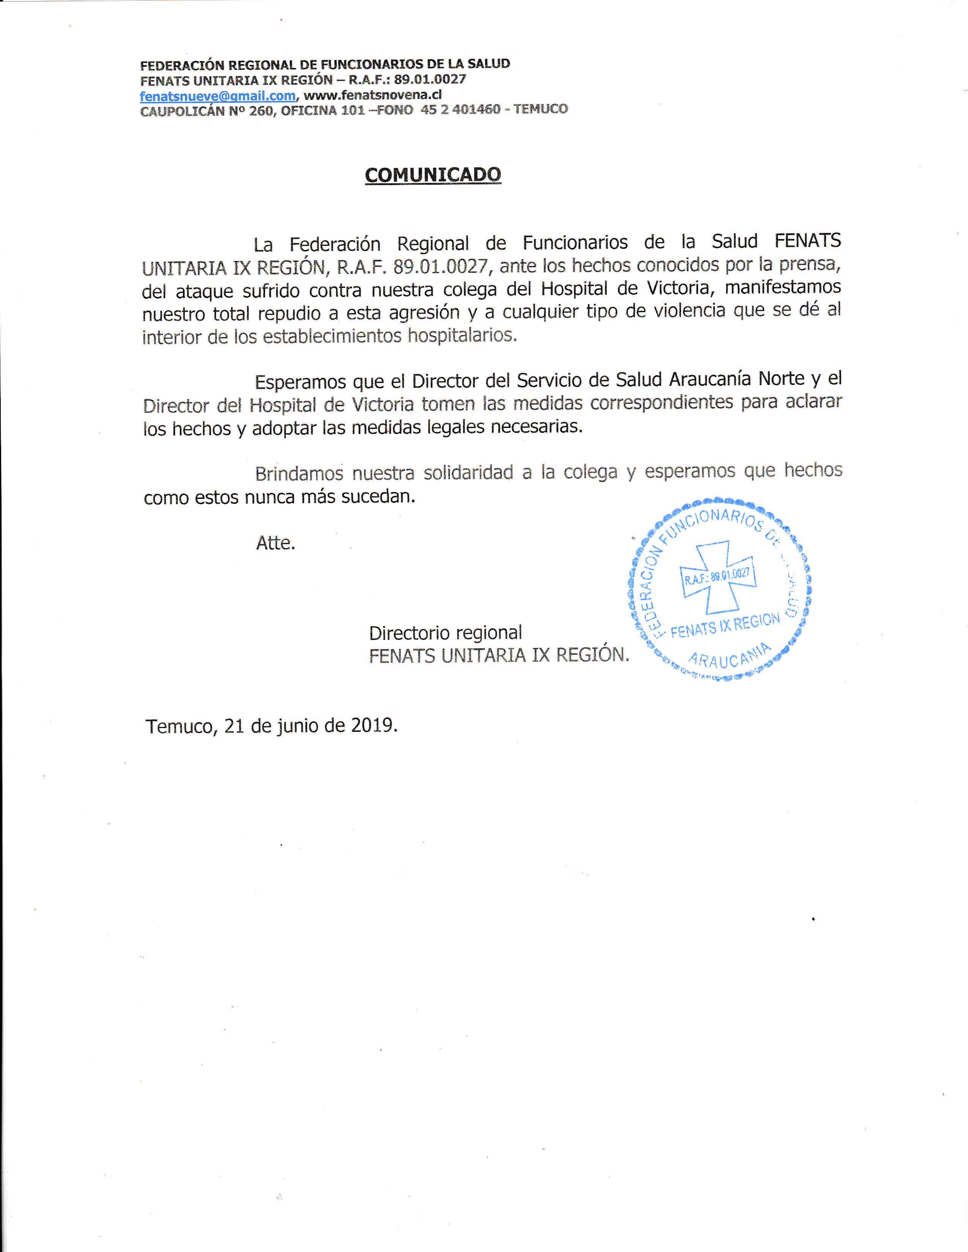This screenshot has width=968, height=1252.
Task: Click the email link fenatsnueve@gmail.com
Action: [218, 95]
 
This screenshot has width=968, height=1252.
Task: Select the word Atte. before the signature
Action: [275, 543]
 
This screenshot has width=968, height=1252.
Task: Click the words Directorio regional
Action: [445, 632]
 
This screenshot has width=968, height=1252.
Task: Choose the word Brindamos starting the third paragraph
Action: [299, 473]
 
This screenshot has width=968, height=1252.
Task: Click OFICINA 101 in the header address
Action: [323, 110]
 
